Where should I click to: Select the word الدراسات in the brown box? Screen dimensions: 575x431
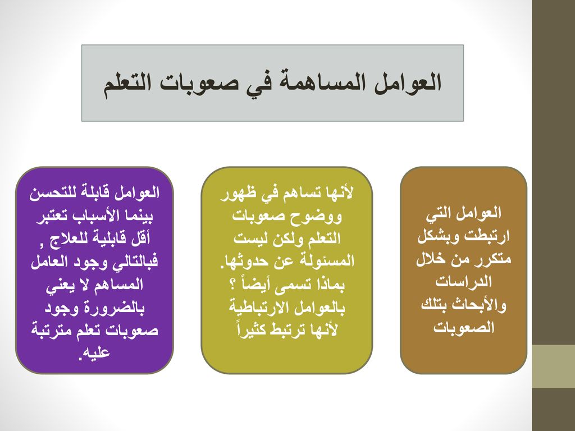tap(463, 282)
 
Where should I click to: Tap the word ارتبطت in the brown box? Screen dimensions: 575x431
tap(487, 236)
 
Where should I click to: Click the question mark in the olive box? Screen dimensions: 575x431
tap(232, 285)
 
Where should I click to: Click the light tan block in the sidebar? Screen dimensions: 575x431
tap(553, 366)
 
